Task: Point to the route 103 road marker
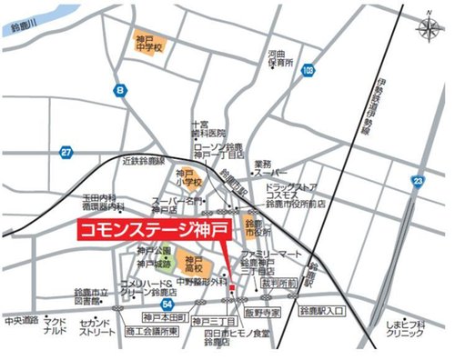[310, 69]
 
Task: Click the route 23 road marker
[416, 182]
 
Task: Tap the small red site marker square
[232, 289]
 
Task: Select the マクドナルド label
[55, 327]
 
